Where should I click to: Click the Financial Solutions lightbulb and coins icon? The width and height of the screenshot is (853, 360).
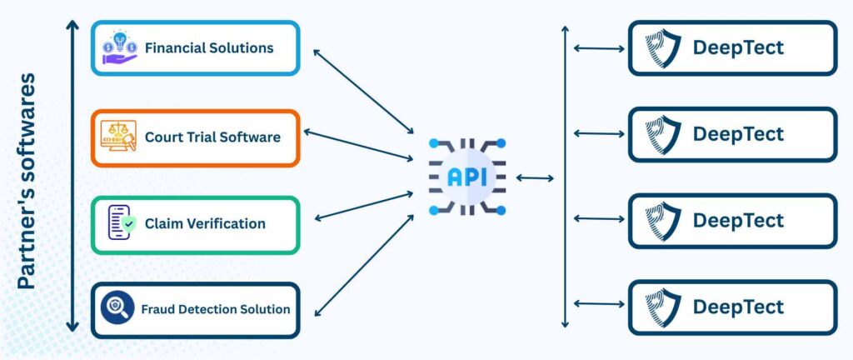pos(120,47)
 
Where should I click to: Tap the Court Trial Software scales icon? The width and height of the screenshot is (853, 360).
pos(118,136)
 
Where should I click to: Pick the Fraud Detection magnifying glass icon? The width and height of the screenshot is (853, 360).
pos(117,308)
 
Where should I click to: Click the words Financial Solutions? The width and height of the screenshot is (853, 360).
pos(209,47)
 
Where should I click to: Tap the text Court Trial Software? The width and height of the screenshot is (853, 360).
pos(212,137)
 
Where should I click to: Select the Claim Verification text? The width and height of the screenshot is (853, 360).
pos(205,223)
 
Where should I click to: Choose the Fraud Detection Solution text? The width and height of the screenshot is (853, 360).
pos(216,309)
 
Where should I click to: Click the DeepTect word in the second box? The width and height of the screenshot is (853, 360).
pos(738,134)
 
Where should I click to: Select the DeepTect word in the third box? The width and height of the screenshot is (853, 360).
pos(738,221)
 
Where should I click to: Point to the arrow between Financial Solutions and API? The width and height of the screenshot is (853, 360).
pos(363,92)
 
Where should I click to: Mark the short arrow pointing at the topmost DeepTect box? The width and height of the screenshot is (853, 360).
pos(599,48)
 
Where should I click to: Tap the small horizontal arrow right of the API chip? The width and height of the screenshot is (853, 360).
pos(535,177)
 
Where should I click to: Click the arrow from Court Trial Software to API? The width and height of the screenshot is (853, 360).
pos(358,145)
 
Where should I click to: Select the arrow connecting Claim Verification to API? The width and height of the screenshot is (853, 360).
pos(364,206)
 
